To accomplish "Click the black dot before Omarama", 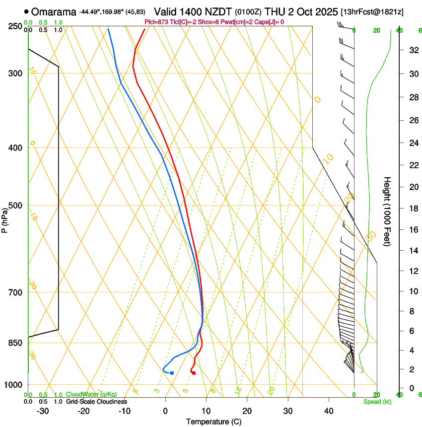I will [26, 11].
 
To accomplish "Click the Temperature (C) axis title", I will [213, 422].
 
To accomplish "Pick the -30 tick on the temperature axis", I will [43, 411].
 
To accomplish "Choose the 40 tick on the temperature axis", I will [329, 411].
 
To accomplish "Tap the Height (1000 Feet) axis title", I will [388, 211].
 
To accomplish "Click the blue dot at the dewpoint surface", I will [172, 373].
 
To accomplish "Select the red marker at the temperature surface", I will [194, 373].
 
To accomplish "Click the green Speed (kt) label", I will [377, 402].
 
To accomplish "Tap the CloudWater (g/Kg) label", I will [91, 395].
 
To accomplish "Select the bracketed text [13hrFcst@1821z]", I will [379, 11].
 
